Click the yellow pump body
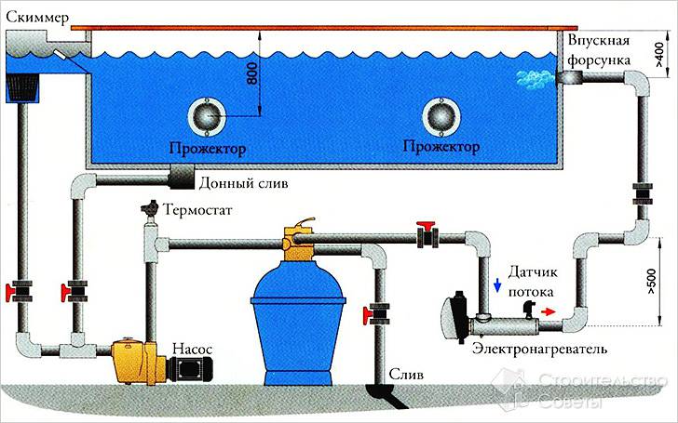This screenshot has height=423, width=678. [135, 360]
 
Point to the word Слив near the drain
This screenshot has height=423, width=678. [411, 375]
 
